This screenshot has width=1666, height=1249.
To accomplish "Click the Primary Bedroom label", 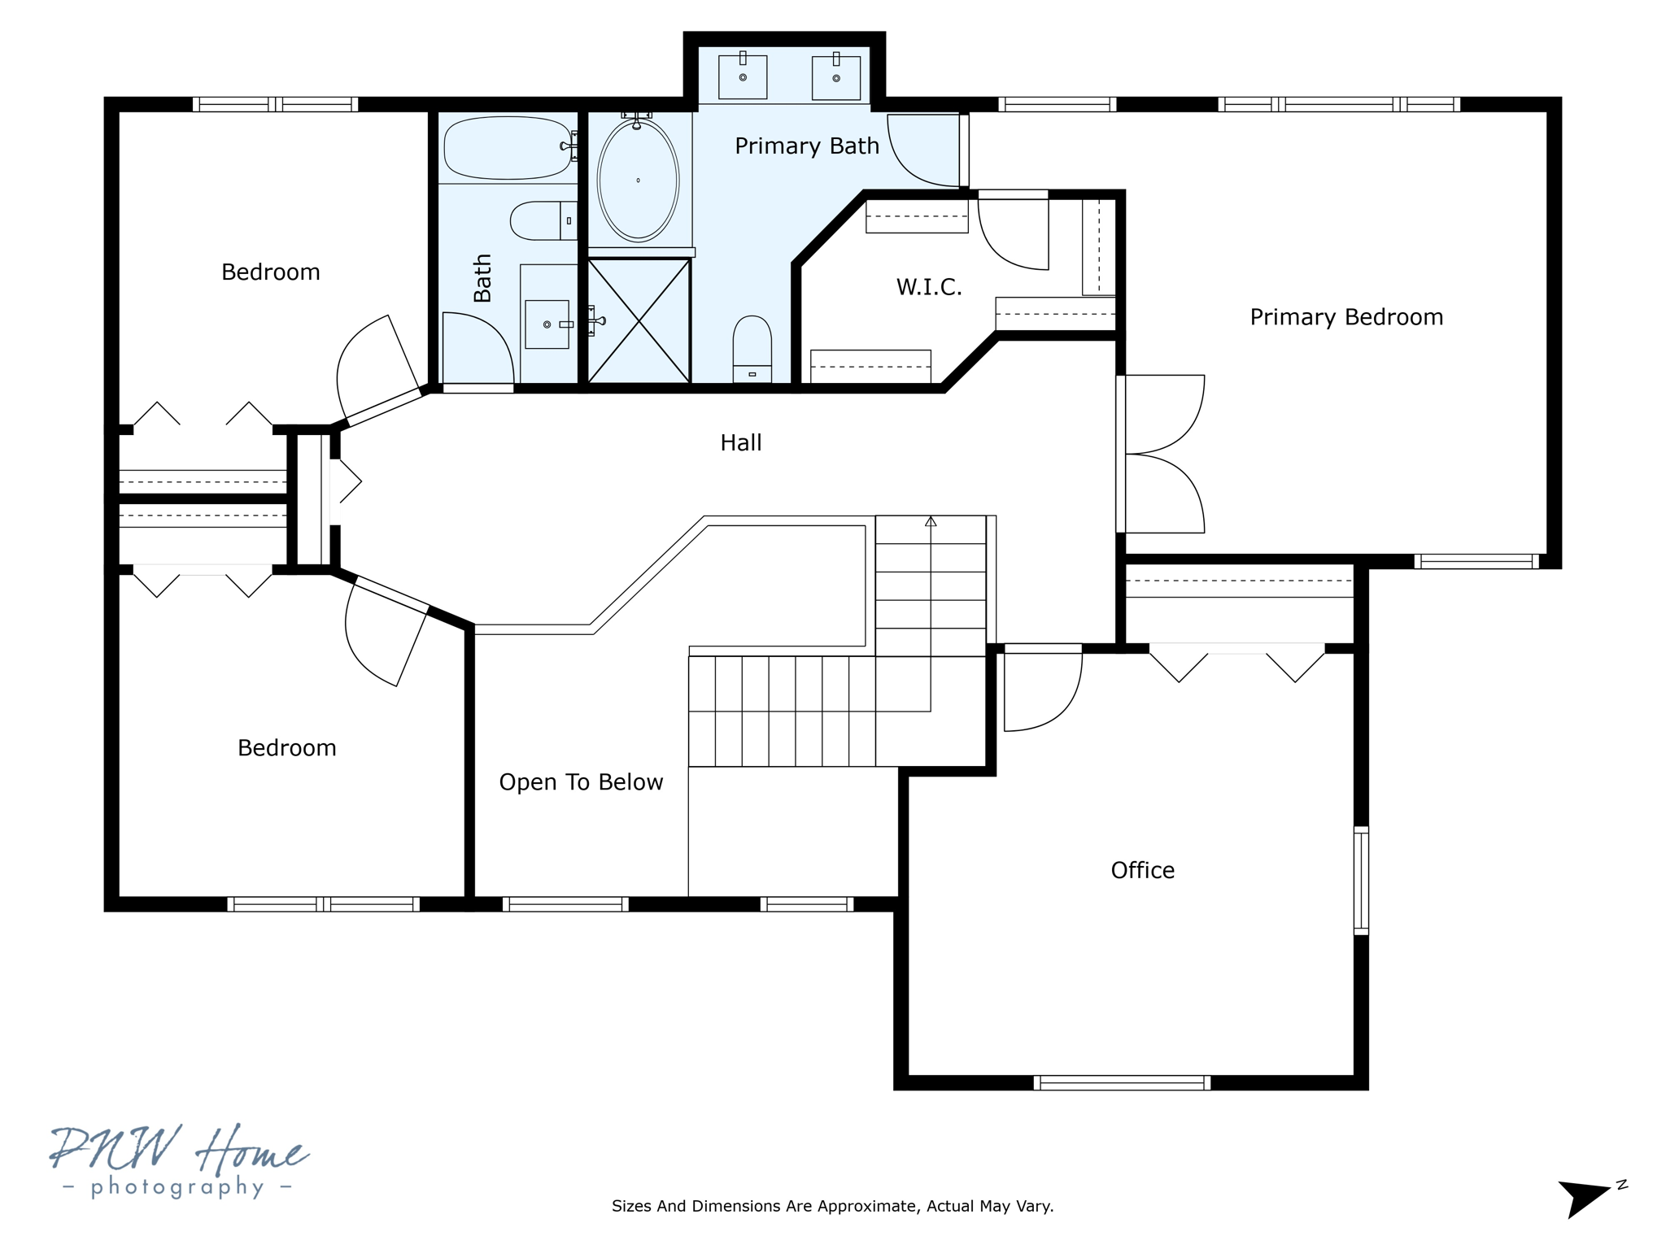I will click(1346, 317).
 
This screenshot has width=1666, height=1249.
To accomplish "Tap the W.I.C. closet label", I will click(929, 287).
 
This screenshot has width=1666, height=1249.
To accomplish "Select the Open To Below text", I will click(581, 782).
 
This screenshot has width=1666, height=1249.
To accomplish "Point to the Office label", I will click(1142, 871).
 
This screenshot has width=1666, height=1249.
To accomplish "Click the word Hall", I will click(740, 443).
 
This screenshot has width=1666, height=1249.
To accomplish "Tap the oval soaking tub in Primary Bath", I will click(638, 181).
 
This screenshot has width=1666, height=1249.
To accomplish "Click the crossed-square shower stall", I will click(639, 320).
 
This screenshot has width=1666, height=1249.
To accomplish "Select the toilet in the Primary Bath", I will click(752, 348).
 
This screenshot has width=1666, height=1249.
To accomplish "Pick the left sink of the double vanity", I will click(743, 77).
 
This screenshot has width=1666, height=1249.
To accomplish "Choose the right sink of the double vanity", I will click(836, 78).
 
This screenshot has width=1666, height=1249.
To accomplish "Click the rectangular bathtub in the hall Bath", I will click(508, 147).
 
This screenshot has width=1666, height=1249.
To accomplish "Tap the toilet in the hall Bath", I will click(542, 220).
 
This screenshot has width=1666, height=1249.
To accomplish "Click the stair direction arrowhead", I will click(931, 521).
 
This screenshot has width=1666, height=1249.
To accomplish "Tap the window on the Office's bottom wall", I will click(1122, 1082).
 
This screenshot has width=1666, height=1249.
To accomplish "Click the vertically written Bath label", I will click(482, 278).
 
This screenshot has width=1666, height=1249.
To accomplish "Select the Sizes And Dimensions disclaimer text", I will click(832, 1206).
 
